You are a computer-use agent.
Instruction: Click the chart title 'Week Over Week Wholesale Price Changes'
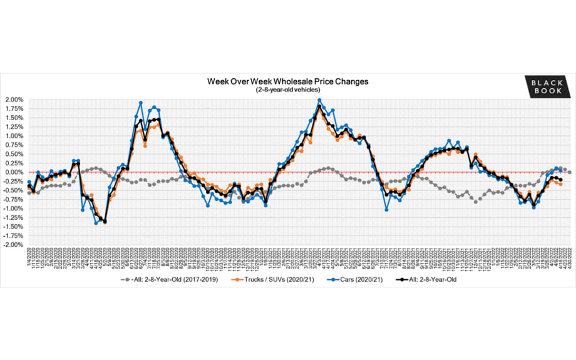[x=288, y=81]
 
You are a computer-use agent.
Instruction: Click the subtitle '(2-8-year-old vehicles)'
[x=288, y=90]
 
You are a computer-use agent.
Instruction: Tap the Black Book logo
[x=548, y=86]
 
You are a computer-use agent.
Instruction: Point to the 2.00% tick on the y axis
[x=13, y=100]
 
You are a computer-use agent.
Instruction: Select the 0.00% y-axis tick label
[x=13, y=172]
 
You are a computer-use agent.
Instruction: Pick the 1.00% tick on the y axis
[x=13, y=136]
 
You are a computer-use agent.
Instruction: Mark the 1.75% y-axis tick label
[x=13, y=108]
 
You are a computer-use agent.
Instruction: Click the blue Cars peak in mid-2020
[x=141, y=103]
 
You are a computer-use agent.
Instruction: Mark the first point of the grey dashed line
[x=29, y=193]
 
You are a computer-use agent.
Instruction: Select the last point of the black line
[x=560, y=180]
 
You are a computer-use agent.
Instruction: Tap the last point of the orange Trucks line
[x=560, y=184]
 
